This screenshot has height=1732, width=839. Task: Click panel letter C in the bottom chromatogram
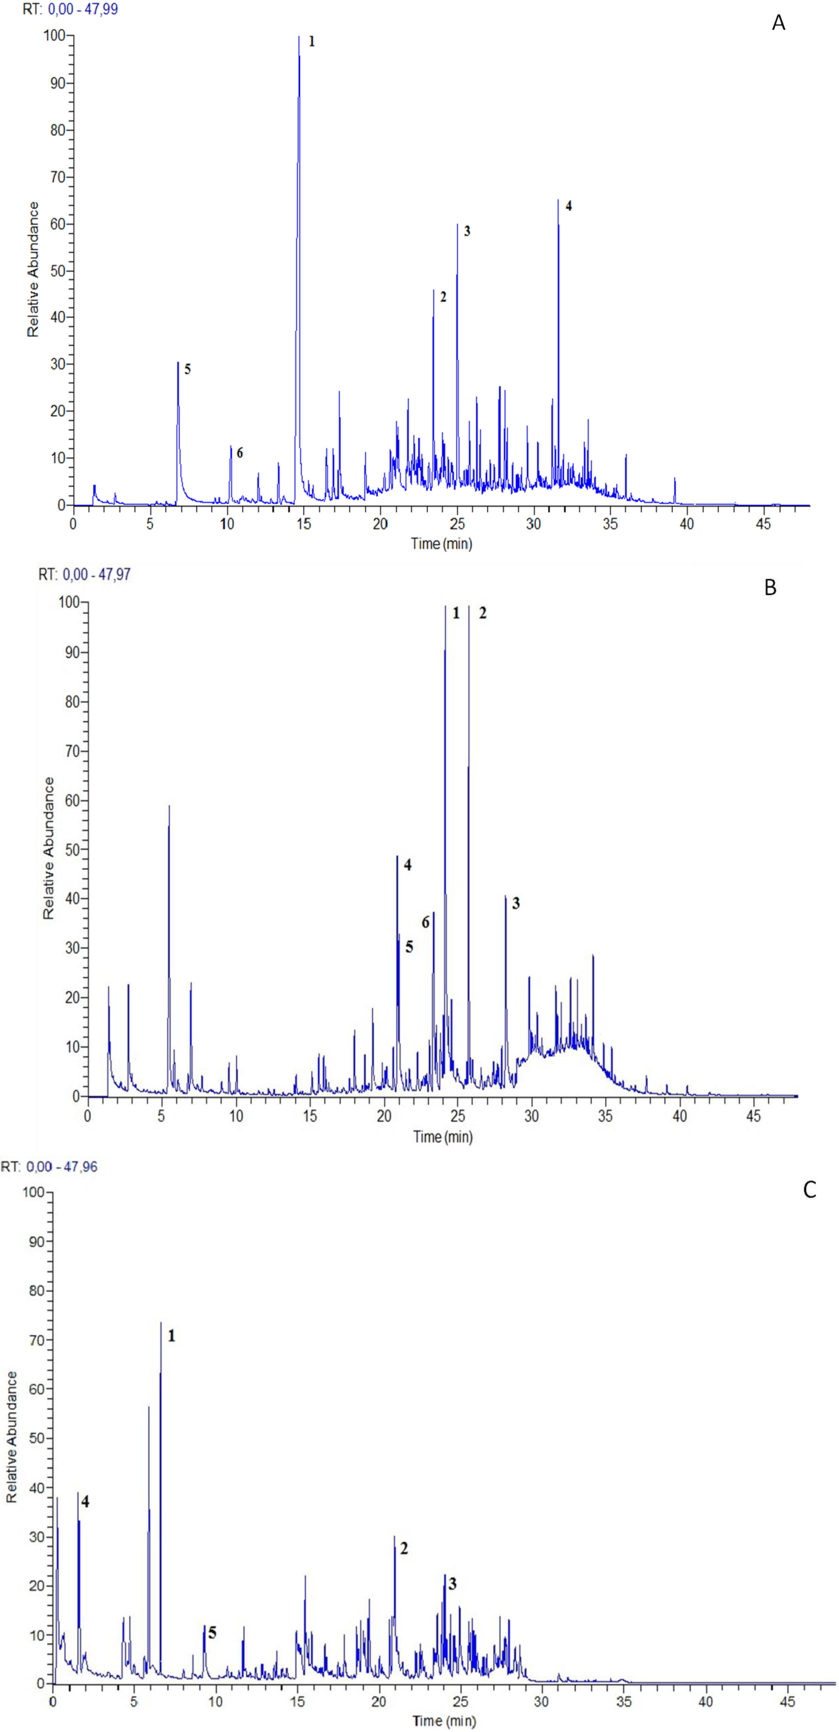coord(809,1190)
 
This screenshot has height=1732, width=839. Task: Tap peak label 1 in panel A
coord(311,42)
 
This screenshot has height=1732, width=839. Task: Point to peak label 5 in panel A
coord(188,369)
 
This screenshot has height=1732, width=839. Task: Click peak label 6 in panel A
coord(240,453)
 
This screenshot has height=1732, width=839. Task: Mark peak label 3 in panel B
coord(516,904)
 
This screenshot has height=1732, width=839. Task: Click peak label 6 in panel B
coord(425,922)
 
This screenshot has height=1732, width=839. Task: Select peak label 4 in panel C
coord(85,1502)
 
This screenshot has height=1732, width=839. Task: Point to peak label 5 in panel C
coord(213,1633)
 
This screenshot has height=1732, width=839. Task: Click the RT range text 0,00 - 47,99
coord(83,10)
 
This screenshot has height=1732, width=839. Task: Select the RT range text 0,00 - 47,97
coord(96,575)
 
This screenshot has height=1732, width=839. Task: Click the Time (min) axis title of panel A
coord(441,543)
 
